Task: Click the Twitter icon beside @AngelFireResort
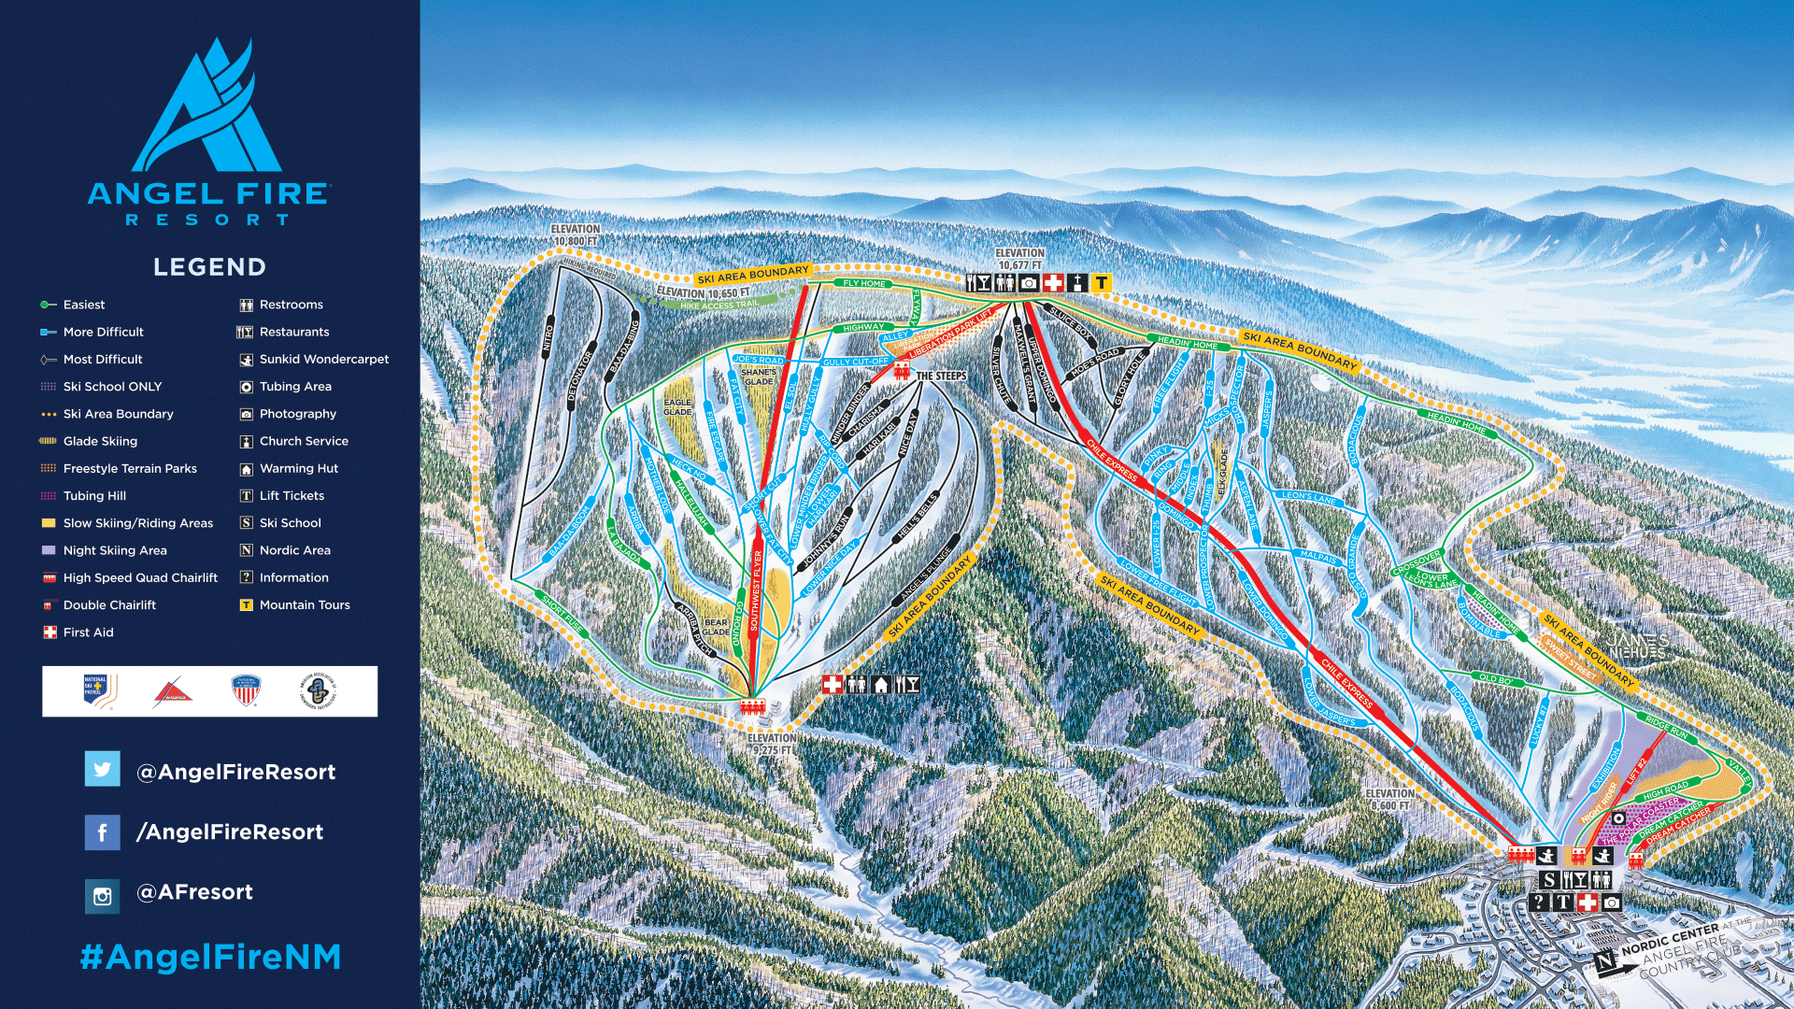click(102, 770)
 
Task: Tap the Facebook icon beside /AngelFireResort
click(102, 831)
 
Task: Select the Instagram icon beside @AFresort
click(102, 896)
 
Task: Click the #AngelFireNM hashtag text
click(210, 957)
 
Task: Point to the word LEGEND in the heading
click(209, 267)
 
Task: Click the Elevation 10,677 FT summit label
click(1019, 259)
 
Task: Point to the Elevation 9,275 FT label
click(772, 744)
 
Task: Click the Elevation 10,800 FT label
click(575, 234)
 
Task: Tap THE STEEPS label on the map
click(941, 376)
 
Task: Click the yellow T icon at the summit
click(1102, 282)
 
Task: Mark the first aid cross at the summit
click(1053, 282)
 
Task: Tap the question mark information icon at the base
click(1539, 902)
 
